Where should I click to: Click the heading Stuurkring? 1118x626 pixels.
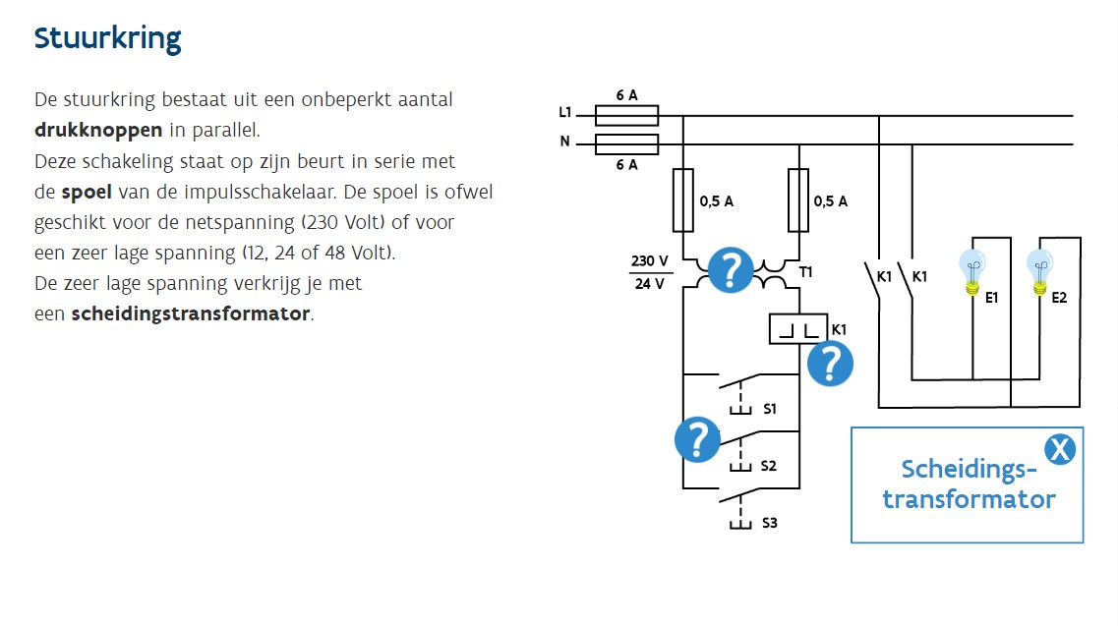[107, 38]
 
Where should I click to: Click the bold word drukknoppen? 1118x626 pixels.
[98, 131]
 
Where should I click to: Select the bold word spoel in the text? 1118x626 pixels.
[87, 191]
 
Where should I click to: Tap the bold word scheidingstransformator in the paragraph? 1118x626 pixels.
[191, 314]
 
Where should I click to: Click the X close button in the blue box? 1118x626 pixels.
[1059, 450]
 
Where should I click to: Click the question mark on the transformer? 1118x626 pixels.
[730, 269]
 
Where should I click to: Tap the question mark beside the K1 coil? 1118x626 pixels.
[830, 364]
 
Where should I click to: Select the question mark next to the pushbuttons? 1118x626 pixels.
[697, 439]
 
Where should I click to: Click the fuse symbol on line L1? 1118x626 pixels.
[626, 115]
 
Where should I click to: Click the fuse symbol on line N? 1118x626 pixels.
[626, 145]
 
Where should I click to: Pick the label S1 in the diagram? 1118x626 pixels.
[770, 408]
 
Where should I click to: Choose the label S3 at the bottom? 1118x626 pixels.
[770, 523]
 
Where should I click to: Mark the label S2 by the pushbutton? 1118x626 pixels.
[769, 465]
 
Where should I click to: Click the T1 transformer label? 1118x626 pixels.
[806, 271]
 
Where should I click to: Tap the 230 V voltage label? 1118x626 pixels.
[650, 261]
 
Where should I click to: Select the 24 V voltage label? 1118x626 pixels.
[650, 284]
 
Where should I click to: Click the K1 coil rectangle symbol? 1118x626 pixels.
[797, 329]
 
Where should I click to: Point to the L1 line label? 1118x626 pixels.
[565, 113]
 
